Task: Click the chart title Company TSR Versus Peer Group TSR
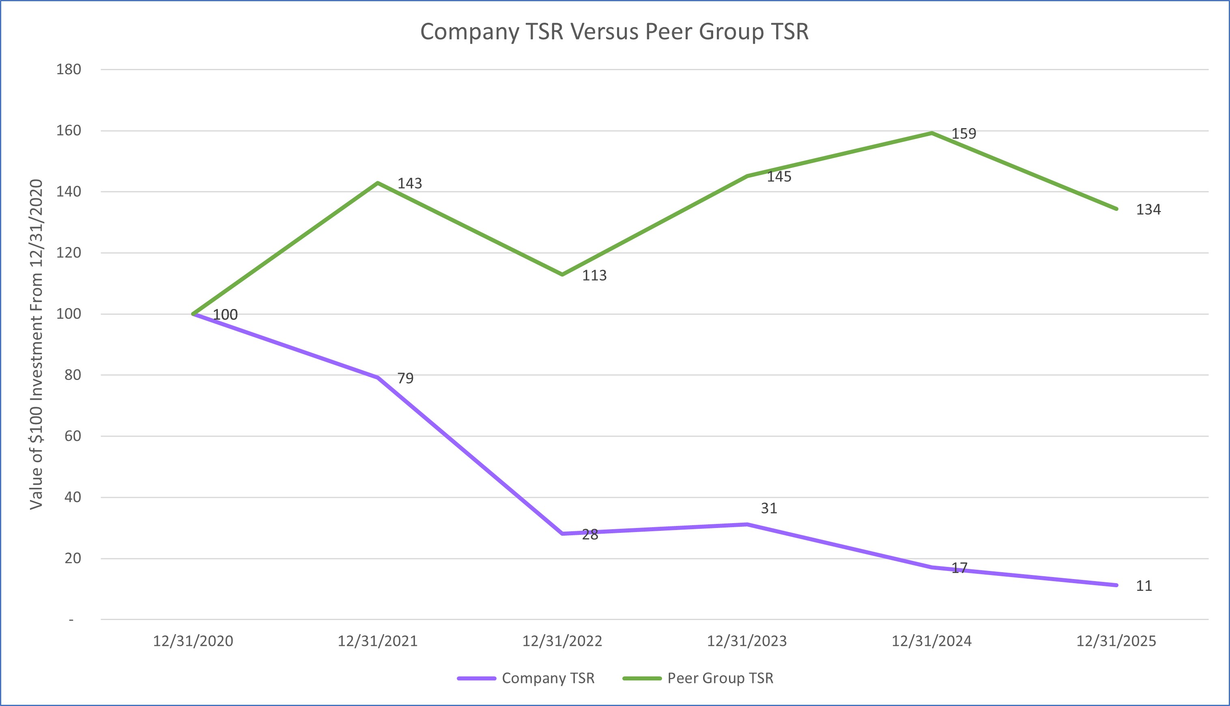(x=614, y=32)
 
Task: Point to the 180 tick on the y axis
(x=69, y=69)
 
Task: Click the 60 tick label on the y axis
(x=72, y=436)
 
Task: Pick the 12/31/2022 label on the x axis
(x=562, y=641)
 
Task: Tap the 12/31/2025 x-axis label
(x=1116, y=641)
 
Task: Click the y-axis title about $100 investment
(x=37, y=344)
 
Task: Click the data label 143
(x=409, y=183)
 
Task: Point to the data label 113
(x=594, y=275)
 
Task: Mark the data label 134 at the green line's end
(x=1148, y=210)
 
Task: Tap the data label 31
(x=769, y=508)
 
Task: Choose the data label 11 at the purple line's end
(x=1144, y=586)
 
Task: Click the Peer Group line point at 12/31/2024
(x=932, y=133)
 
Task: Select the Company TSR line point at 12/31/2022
(x=562, y=533)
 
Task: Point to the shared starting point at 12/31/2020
(x=194, y=314)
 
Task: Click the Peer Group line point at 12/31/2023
(x=747, y=176)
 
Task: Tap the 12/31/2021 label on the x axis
(x=377, y=641)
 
